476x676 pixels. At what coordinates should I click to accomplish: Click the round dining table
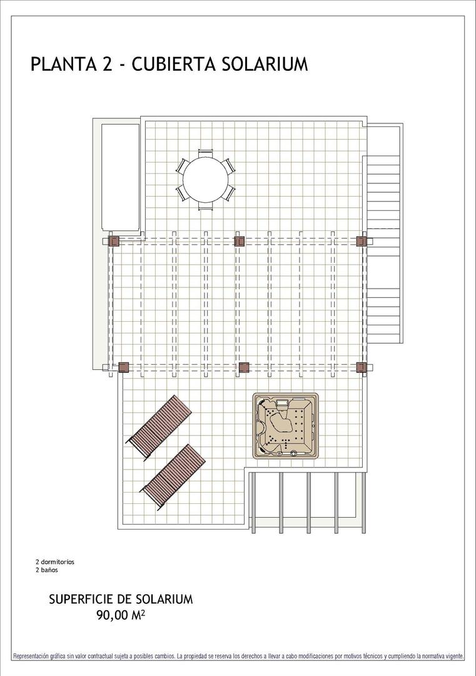coord(206,178)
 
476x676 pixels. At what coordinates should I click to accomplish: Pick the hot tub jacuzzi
coord(286,426)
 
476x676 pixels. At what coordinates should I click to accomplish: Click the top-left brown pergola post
coord(114,241)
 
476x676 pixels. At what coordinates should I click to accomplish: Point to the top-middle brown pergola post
coord(239,241)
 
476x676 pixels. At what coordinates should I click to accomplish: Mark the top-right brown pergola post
coord(361,241)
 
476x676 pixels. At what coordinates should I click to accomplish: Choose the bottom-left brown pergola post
coord(123,367)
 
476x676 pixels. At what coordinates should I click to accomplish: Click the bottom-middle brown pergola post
coord(244,367)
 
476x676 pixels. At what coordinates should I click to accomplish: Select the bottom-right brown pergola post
coord(361,367)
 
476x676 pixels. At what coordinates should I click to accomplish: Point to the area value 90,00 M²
coord(121,615)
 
